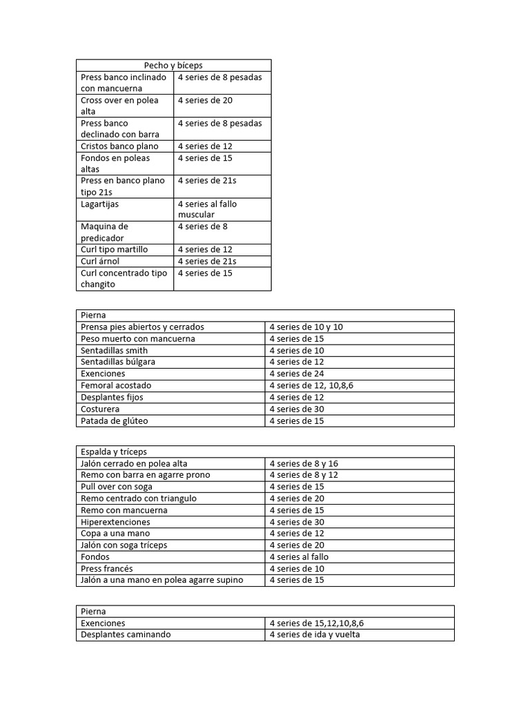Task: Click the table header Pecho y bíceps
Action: [x=173, y=65]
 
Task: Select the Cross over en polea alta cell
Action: [x=119, y=106]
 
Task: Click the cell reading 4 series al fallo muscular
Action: [x=207, y=209]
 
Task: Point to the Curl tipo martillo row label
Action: [x=115, y=249]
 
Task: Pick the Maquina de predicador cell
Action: [x=105, y=232]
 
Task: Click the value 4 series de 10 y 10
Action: [x=306, y=327]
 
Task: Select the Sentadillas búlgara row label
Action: [x=118, y=362]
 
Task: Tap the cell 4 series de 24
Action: [x=297, y=374]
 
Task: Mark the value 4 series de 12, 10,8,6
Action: [x=311, y=385]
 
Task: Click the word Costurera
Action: [x=100, y=409]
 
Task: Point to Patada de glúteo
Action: [x=115, y=420]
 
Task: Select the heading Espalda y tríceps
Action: [x=114, y=452]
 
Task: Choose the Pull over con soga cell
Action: [x=117, y=487]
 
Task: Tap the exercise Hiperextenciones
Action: [x=115, y=522]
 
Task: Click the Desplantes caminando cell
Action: [x=126, y=634]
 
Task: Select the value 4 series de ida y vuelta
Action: [x=315, y=634]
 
